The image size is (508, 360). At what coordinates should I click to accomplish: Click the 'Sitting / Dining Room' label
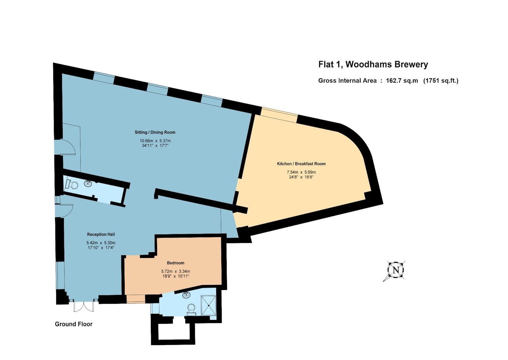pyautogui.click(x=155, y=132)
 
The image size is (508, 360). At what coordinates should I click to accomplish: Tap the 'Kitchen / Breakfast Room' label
pyautogui.click(x=301, y=164)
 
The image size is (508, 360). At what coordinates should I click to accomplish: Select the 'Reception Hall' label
pyautogui.click(x=101, y=234)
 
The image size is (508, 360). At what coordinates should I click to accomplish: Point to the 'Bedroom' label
pyautogui.click(x=175, y=263)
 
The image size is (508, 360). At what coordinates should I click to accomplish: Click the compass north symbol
pyautogui.click(x=396, y=270)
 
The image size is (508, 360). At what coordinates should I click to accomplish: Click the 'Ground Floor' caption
pyautogui.click(x=74, y=324)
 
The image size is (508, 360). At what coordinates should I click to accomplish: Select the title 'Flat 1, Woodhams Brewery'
pyautogui.click(x=373, y=64)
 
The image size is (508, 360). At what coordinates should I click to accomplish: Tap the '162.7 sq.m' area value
pyautogui.click(x=402, y=81)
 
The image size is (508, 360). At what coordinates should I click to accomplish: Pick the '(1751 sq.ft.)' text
pyautogui.click(x=441, y=81)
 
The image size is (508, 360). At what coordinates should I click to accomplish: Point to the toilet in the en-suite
pyautogui.click(x=191, y=310)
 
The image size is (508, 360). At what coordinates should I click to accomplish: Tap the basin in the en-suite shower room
pyautogui.click(x=186, y=295)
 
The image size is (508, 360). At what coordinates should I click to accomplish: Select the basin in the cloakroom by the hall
pyautogui.click(x=88, y=183)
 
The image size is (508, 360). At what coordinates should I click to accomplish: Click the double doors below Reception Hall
pyautogui.click(x=84, y=306)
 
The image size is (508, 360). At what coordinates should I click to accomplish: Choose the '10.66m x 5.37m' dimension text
pyautogui.click(x=155, y=141)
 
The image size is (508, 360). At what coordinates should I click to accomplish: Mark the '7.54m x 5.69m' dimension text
pyautogui.click(x=301, y=172)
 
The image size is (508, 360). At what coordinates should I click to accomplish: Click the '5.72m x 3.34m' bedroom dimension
pyautogui.click(x=175, y=271)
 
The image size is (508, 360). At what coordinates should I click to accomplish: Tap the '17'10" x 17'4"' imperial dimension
pyautogui.click(x=101, y=248)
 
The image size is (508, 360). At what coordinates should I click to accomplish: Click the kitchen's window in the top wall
pyautogui.click(x=279, y=115)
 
